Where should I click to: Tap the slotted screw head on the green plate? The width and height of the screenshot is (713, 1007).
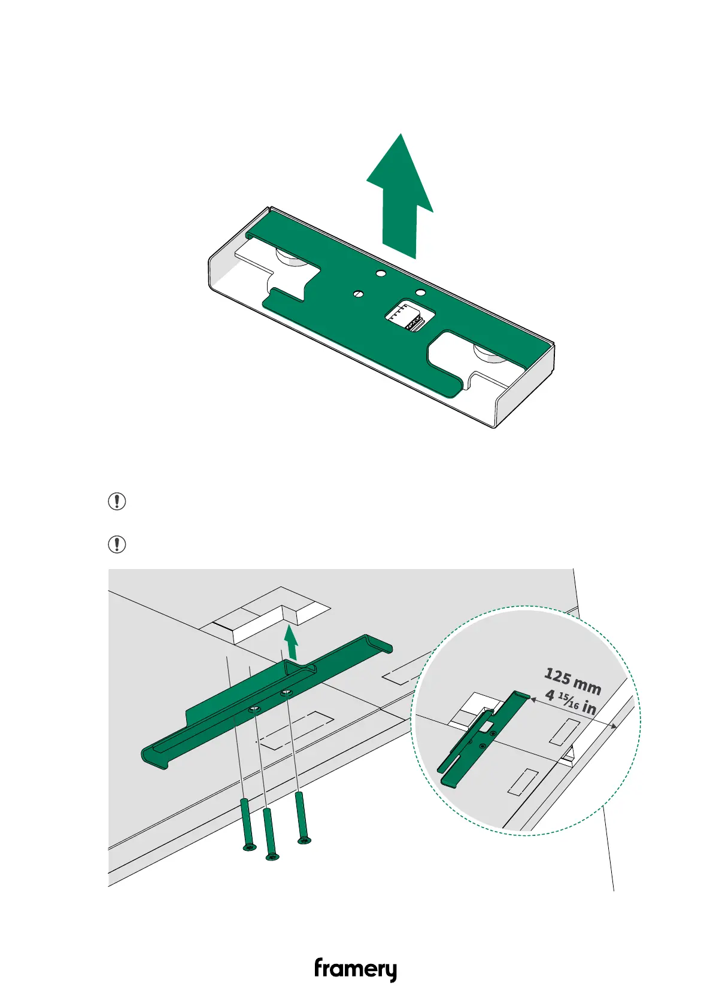pyautogui.click(x=359, y=293)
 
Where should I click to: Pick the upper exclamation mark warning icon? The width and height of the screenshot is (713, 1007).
pyautogui.click(x=117, y=501)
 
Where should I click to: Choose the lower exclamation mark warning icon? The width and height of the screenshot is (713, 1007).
pyautogui.click(x=117, y=544)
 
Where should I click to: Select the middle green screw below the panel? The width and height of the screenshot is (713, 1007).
pyautogui.click(x=270, y=833)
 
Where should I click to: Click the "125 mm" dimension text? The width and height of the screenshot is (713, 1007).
pyautogui.click(x=572, y=682)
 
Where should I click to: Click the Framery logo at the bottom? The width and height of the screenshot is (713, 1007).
pyautogui.click(x=356, y=970)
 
